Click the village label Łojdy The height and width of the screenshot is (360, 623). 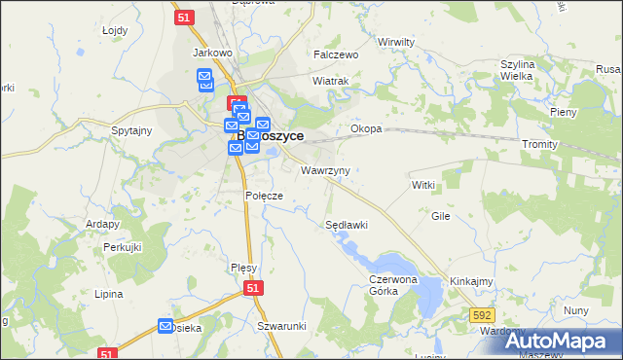115,30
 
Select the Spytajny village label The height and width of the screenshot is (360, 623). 131,130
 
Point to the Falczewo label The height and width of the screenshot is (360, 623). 336,55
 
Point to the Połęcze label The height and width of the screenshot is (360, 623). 263,196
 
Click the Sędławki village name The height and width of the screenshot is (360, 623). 346,225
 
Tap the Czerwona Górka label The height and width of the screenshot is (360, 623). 392,284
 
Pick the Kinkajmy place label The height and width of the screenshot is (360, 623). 470,281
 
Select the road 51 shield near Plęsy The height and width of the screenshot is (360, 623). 253,289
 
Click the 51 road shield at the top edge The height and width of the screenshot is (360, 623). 184,16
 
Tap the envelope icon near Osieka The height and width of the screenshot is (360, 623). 165,327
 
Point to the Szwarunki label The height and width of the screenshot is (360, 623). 282,326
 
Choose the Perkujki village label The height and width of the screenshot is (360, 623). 124,248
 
